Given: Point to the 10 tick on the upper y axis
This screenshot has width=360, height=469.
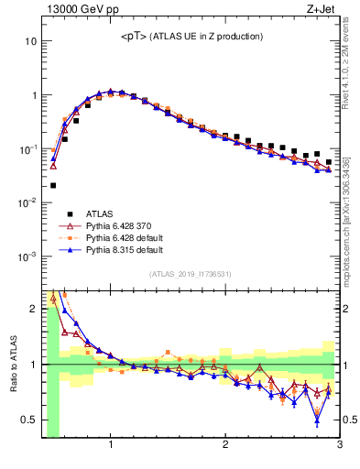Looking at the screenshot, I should pos(30,42).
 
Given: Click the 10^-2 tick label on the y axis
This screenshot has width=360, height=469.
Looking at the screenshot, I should pos(28,202).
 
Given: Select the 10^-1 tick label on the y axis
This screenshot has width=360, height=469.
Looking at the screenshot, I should pos(28,148).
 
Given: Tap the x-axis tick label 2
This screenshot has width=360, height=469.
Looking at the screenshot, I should pos(225,445).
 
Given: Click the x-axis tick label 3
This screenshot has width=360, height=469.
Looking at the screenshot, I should pos(339,445).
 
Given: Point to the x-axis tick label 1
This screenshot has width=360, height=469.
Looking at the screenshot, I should pos(111,445).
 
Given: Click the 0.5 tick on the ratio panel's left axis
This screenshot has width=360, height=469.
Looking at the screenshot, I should pos(28,420).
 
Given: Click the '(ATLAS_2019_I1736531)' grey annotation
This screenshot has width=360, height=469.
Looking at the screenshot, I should pos(191,274).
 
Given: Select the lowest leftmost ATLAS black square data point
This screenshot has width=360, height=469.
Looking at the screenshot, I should pos(53,185).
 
